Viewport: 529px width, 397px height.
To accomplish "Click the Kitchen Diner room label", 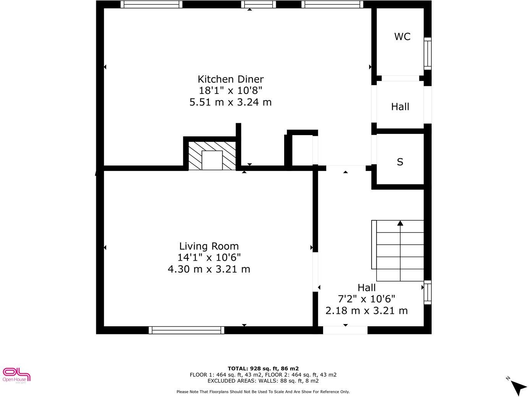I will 230,79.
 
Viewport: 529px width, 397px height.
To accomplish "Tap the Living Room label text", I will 209,246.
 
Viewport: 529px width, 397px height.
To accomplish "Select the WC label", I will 402,37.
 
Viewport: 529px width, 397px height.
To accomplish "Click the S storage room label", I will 400,162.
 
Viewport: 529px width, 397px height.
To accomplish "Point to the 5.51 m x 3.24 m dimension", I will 230,102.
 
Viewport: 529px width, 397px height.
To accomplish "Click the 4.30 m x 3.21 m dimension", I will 209,269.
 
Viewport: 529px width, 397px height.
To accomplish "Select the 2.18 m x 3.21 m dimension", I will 366,311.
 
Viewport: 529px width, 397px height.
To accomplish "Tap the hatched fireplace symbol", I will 212,156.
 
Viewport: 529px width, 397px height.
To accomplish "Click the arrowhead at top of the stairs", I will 400,223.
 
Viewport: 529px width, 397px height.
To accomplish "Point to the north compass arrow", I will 518,387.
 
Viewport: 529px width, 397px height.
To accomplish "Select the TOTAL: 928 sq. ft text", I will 263,368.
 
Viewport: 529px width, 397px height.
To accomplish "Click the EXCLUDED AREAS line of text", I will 263,381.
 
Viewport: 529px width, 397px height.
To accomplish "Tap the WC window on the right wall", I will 427,53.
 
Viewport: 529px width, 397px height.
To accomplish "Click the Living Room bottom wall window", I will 186,330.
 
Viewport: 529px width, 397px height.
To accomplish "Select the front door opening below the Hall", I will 345,330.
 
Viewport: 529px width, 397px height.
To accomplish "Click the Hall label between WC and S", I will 400,107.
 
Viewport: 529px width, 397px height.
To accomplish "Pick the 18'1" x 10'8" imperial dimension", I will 230,91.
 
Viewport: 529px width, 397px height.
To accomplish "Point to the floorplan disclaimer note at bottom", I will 263,392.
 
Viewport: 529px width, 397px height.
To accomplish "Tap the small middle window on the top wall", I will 258,5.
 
